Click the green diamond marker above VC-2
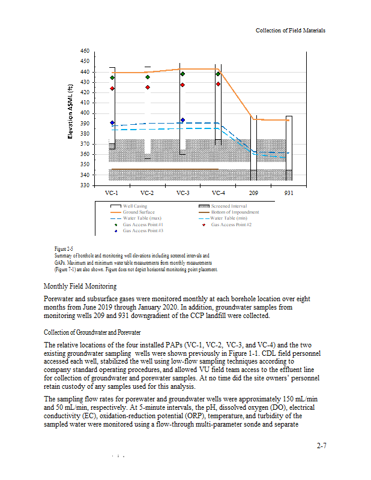[147, 77]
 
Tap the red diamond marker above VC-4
[219, 84]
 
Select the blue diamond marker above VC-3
[182, 120]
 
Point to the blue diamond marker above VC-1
[112, 122]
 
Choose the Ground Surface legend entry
[139, 212]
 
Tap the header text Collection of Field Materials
[291, 30]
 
